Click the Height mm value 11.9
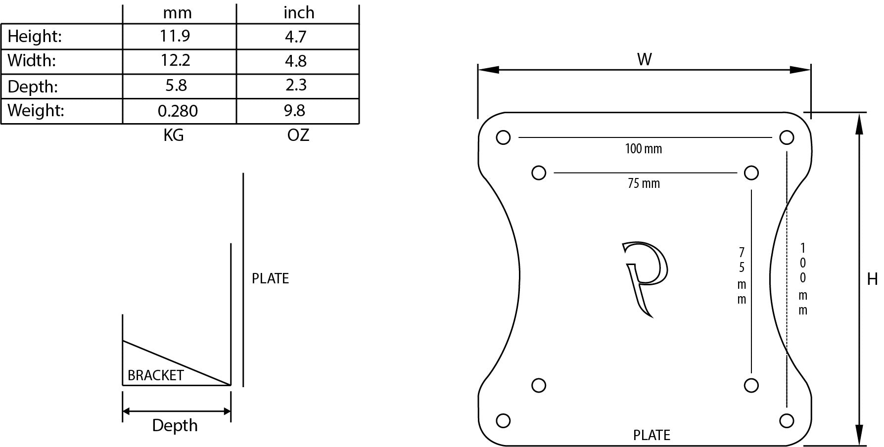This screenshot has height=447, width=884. click(175, 36)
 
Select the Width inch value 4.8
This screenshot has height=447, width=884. click(296, 61)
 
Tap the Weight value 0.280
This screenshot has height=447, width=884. click(178, 111)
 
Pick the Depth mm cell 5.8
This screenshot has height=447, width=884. click(176, 86)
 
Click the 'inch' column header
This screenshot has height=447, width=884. click(299, 12)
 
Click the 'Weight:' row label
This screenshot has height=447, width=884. click(36, 110)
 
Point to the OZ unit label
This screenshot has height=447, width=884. click(298, 135)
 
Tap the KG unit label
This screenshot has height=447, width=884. click(174, 135)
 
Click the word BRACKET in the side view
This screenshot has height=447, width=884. click(155, 375)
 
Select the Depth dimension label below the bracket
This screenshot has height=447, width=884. click(175, 425)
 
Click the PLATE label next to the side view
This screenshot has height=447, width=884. click(270, 278)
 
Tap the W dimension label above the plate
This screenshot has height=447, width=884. click(644, 60)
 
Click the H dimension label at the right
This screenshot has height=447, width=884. click(872, 279)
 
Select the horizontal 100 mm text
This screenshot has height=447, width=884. click(643, 148)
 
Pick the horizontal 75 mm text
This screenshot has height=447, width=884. click(644, 183)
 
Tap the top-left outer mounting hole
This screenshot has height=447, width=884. click(503, 137)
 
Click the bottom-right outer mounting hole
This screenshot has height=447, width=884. click(787, 421)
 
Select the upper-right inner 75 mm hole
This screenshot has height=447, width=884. click(751, 173)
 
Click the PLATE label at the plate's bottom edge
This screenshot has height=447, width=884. click(651, 435)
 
